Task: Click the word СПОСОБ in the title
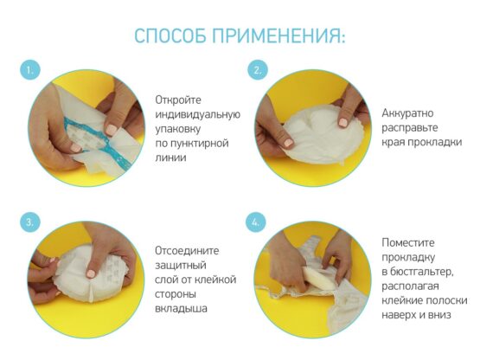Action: (170, 35)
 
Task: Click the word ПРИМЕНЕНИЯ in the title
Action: (278, 35)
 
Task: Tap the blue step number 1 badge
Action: (30, 70)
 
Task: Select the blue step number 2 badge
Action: (258, 70)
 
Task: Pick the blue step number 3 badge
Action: (30, 222)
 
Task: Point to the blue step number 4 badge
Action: (256, 222)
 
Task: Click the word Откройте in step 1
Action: (178, 100)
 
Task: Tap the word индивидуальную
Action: (198, 114)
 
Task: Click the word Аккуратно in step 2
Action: (407, 113)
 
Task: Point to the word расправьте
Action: (410, 128)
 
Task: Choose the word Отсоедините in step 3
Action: (187, 251)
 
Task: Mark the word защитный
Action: (180, 266)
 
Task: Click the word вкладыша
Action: (181, 308)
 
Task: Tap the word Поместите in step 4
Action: (408, 242)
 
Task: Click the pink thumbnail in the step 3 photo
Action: (91, 273)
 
